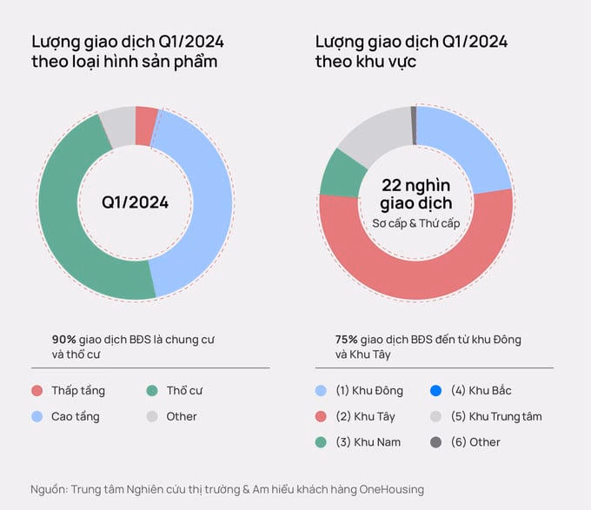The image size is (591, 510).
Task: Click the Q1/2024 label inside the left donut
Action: (135, 202)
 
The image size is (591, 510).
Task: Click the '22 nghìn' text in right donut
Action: (415, 184)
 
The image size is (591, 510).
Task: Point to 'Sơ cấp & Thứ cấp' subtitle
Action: (415, 223)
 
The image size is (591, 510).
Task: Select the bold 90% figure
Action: (64, 340)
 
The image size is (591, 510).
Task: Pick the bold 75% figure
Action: (347, 340)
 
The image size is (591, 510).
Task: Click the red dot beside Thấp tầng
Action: (37, 391)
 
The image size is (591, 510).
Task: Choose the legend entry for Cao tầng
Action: (75, 416)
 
